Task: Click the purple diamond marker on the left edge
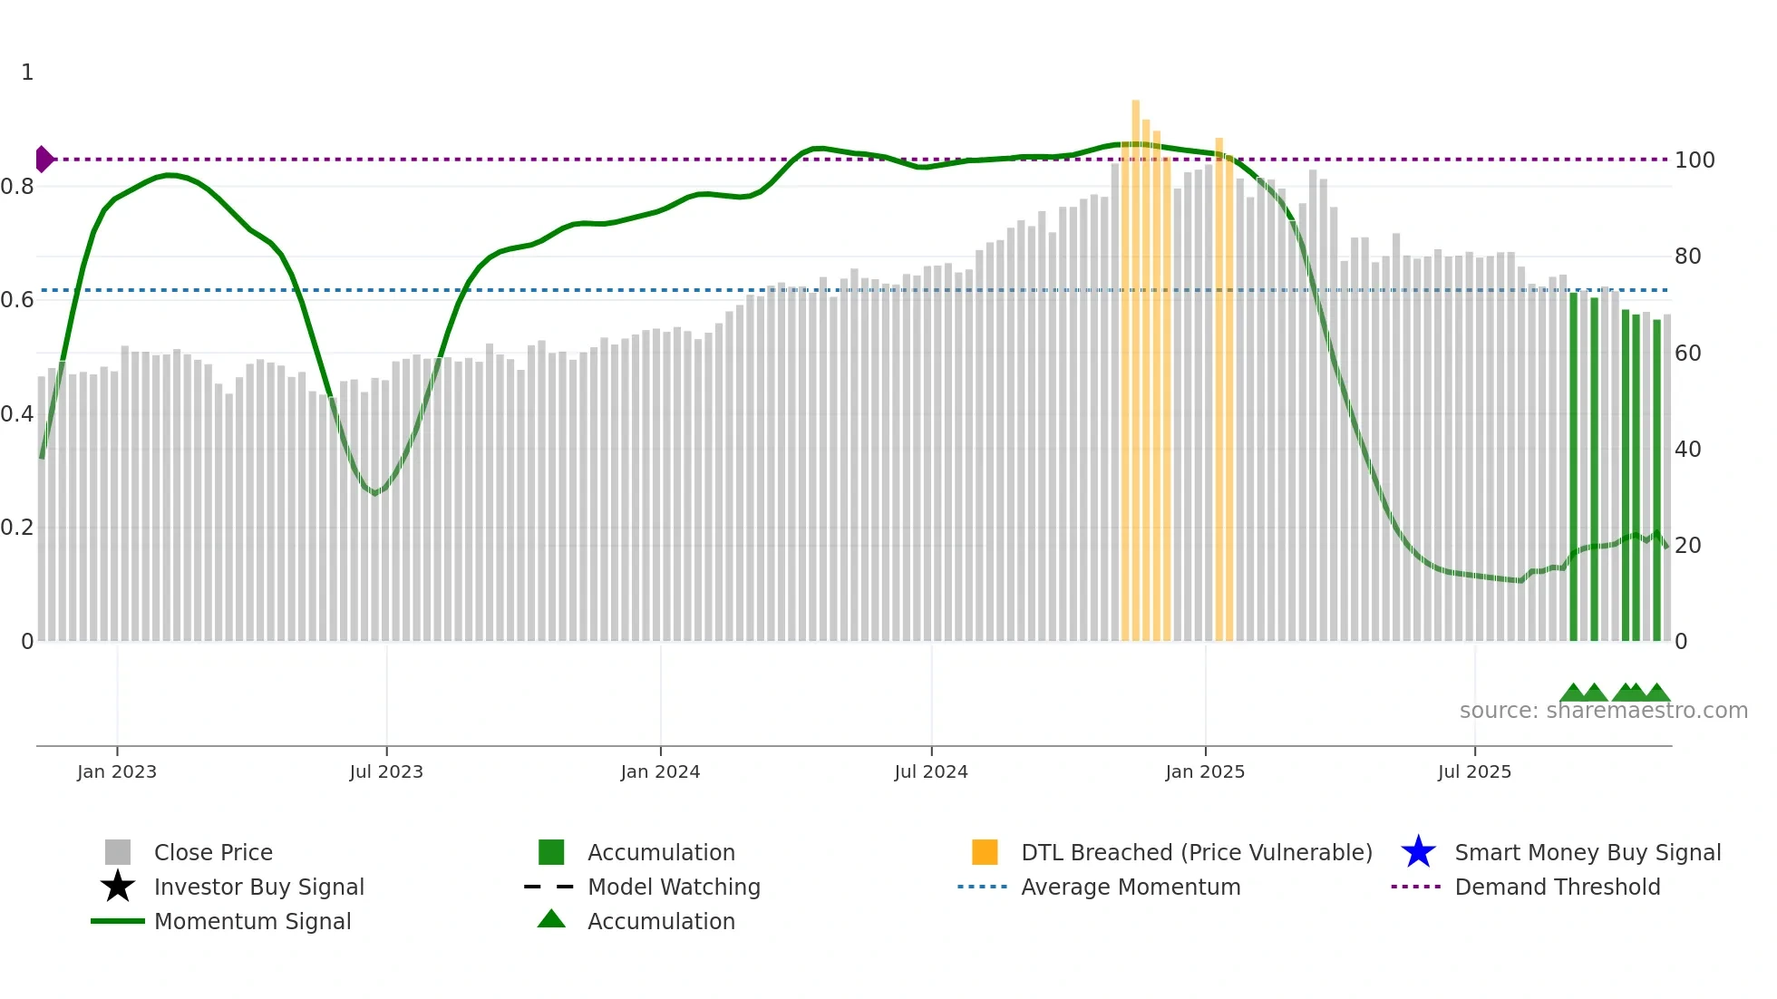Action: (x=44, y=160)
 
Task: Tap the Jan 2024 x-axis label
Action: (x=660, y=771)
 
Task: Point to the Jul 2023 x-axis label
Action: (x=386, y=771)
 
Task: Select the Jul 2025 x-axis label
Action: (x=1474, y=771)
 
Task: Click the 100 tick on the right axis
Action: (x=1694, y=160)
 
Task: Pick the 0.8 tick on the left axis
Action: (x=17, y=187)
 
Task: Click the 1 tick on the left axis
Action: (x=27, y=73)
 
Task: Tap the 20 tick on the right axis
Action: (x=1687, y=546)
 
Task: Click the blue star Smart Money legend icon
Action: (x=1418, y=852)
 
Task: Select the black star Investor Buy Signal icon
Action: (x=118, y=887)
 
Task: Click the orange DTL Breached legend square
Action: (x=985, y=852)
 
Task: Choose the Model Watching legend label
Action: (x=674, y=887)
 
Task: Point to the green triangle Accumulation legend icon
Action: (x=551, y=919)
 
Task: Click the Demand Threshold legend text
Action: (x=1557, y=887)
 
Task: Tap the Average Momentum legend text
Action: (x=1131, y=887)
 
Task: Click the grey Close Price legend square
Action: (x=118, y=852)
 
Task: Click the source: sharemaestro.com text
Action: (x=1603, y=711)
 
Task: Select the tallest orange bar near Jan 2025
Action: (x=1135, y=363)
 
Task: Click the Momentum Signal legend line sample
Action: (x=118, y=921)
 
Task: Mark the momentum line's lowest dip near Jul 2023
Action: (x=374, y=493)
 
